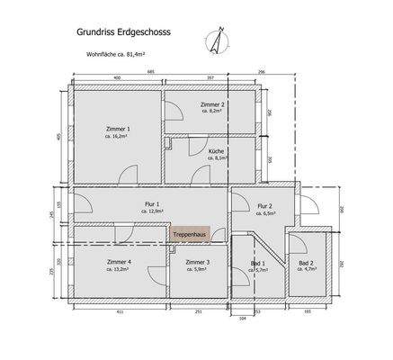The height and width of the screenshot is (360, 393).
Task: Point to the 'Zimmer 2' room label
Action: [x=212, y=104]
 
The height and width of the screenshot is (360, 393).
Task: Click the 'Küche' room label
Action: [x=216, y=149]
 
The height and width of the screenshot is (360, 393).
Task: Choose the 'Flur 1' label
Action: [x=152, y=204]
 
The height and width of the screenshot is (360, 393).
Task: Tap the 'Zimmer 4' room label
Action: [x=120, y=261]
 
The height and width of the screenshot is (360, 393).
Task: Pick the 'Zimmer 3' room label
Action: [x=198, y=262]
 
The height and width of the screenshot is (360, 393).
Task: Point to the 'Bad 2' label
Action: [x=306, y=262]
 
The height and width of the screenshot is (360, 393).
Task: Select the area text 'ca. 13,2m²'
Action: [x=120, y=269]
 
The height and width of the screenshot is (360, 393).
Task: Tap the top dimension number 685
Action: [x=154, y=70]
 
